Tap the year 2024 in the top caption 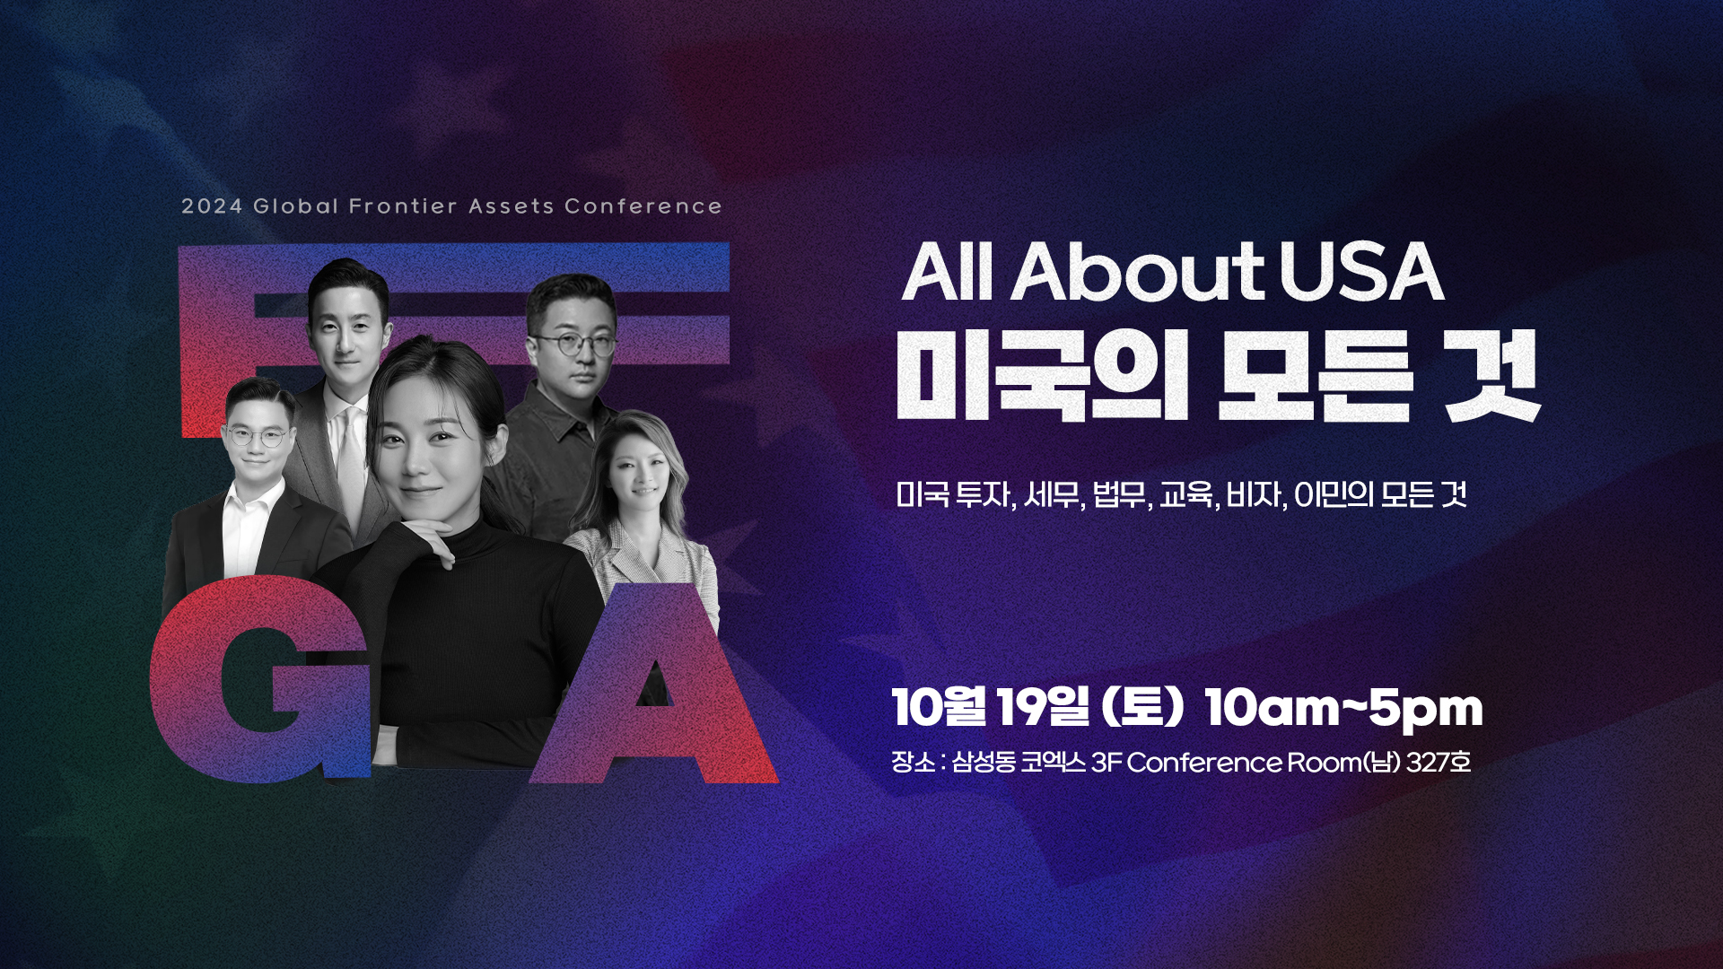(x=212, y=206)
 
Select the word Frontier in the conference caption (x=403, y=206)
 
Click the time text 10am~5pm (x=1343, y=708)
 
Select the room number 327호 (x=1439, y=762)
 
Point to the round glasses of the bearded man (x=572, y=345)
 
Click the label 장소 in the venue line (x=911, y=762)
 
